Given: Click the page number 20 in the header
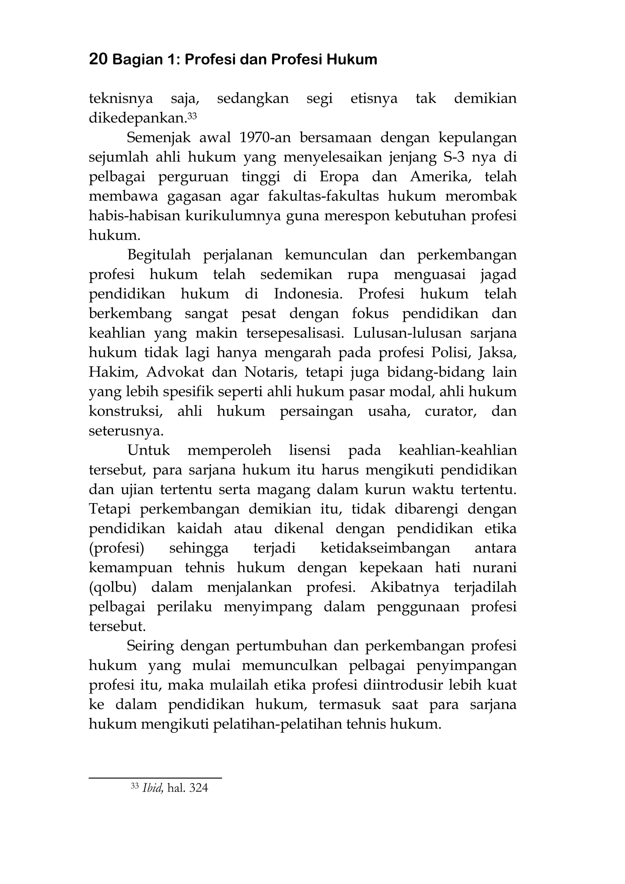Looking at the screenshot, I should pos(98,60).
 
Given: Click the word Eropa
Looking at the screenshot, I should pos(339,177).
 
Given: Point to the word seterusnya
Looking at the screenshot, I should pos(126,431).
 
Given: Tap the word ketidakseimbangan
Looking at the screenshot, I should pos(385,548).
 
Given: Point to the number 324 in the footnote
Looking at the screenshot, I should pos(199,788).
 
